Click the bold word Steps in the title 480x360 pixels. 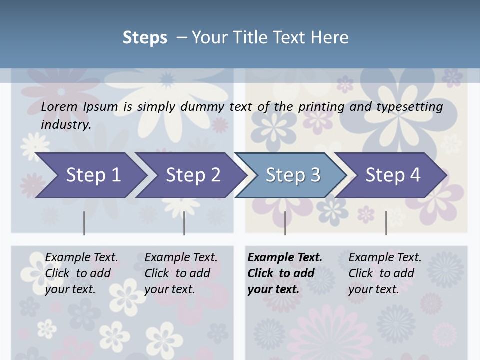pyautogui.click(x=145, y=37)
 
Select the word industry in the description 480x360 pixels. pyautogui.click(x=66, y=125)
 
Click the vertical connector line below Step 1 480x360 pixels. pyautogui.click(x=84, y=223)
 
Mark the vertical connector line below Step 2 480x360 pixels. pyautogui.click(x=184, y=223)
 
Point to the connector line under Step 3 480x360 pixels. pyautogui.click(x=285, y=223)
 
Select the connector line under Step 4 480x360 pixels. pyautogui.click(x=386, y=223)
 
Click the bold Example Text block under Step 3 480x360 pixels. pyautogui.click(x=285, y=273)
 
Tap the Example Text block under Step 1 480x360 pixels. pyautogui.click(x=81, y=273)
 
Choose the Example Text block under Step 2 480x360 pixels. pyautogui.click(x=181, y=273)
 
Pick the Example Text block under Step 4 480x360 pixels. pyautogui.click(x=385, y=273)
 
